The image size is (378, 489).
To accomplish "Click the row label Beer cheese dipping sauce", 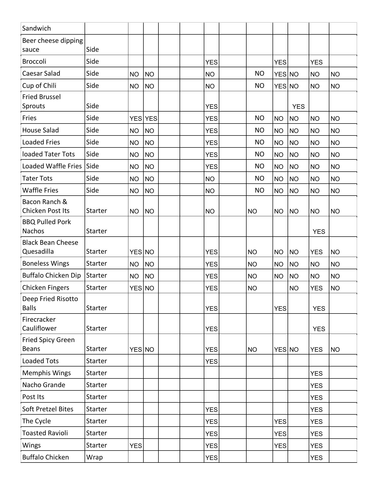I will coord(52,45).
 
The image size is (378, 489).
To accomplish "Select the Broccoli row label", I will coord(34,61).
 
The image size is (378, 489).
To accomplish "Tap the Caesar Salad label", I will coord(41,73).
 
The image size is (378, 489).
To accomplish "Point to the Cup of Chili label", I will coord(39,86).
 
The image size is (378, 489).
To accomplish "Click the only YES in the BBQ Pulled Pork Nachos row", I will coord(319,232).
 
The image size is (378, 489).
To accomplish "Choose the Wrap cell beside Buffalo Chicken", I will coord(94,457).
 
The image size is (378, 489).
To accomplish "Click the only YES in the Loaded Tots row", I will coord(211,361).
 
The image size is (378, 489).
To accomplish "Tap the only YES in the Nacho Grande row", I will coord(316,386).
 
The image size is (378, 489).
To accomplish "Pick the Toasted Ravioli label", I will coord(45,433).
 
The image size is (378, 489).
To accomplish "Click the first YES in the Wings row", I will coord(136,446).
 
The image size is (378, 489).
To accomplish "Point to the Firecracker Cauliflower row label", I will coord(39,324).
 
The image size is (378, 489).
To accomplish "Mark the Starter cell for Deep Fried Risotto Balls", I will coord(96,308).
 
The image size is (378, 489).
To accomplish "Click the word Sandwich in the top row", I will coord(36,28).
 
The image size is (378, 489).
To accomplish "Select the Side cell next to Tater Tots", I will coord(92,178).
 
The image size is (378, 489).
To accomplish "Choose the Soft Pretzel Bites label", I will coord(48,409).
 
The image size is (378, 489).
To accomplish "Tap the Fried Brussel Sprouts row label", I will coord(41,101).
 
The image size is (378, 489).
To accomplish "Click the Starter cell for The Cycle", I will coord(96,421).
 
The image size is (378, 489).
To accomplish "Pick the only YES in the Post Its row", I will coord(316,398).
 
